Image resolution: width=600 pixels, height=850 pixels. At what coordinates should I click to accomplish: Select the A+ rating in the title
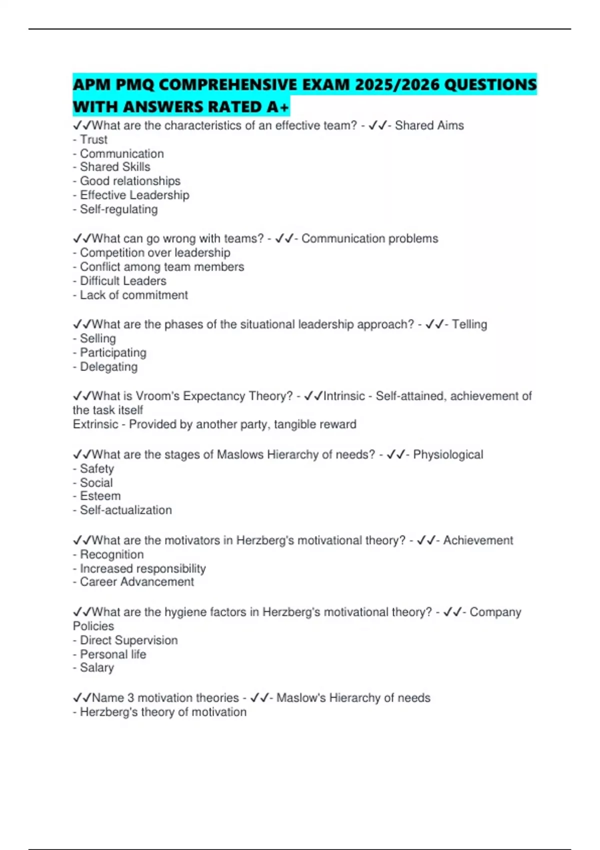278,107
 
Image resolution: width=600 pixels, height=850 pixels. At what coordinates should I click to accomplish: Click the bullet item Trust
93,139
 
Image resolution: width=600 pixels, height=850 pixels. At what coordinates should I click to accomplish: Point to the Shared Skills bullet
115,167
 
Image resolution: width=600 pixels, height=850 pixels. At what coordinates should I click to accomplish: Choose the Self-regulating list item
118,209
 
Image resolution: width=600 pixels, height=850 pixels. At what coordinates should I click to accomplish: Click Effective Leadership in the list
134,195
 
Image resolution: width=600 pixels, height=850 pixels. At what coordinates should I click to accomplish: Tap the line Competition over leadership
155,252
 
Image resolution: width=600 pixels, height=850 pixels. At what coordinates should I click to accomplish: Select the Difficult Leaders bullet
123,281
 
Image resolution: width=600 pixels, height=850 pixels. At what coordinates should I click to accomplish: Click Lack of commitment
133,295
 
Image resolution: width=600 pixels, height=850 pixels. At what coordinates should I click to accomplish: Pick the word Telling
469,324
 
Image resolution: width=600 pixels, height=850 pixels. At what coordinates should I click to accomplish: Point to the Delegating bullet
108,367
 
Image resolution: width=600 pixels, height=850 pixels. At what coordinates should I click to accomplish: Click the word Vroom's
156,396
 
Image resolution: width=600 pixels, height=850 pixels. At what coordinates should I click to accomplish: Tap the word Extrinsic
95,424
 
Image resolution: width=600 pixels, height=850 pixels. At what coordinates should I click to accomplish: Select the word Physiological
448,454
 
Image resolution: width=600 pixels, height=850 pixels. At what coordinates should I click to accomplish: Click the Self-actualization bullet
125,510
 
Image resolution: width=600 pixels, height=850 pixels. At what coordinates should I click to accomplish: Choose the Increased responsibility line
142,568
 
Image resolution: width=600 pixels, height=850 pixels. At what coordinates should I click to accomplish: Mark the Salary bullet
97,668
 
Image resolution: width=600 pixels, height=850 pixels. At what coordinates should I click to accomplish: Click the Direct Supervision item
128,640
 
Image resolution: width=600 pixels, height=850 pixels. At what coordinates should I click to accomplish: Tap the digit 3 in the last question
130,698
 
